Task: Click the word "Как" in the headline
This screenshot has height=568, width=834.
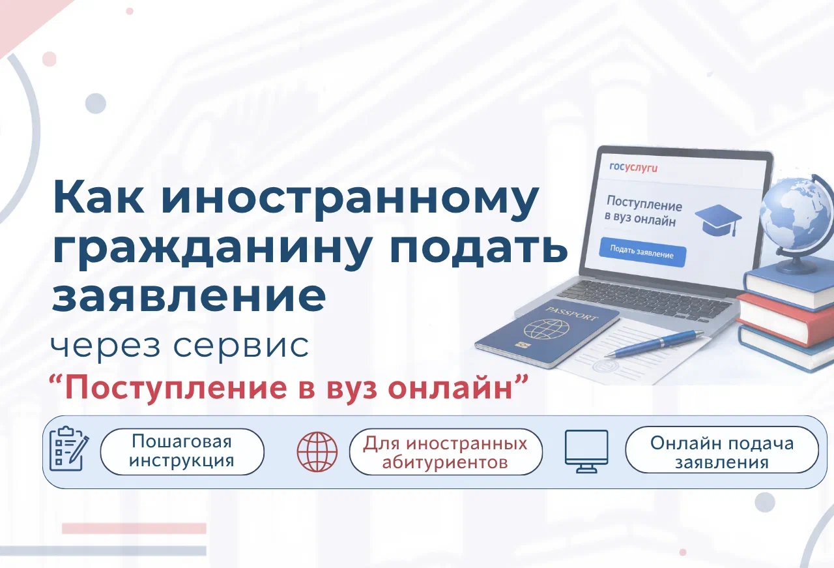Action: pyautogui.click(x=98, y=197)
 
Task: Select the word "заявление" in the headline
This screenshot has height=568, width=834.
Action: pyautogui.click(x=189, y=296)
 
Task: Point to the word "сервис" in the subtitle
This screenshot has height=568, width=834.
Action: pyautogui.click(x=241, y=346)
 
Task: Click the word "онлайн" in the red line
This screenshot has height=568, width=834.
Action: pyautogui.click(x=450, y=389)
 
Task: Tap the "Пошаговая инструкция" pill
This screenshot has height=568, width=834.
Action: pyautogui.click(x=182, y=451)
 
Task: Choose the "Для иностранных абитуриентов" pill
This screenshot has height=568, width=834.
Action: pyautogui.click(x=446, y=452)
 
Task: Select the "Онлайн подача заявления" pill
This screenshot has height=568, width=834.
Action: pyautogui.click(x=722, y=450)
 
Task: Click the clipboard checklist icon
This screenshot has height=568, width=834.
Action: pyautogui.click(x=69, y=449)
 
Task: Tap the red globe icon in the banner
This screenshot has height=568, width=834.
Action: pyautogui.click(x=317, y=452)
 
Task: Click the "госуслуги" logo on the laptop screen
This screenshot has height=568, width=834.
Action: pyautogui.click(x=633, y=167)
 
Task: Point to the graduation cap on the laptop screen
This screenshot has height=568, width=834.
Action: pyautogui.click(x=719, y=220)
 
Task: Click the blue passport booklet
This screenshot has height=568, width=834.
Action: pyautogui.click(x=547, y=333)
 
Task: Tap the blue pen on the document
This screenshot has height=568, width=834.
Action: pyautogui.click(x=654, y=343)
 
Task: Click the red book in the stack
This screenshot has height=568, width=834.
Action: pyautogui.click(x=785, y=319)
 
